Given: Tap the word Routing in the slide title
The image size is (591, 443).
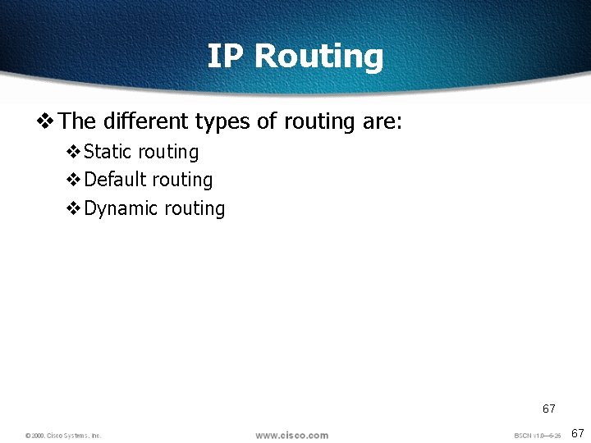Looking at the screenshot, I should [318, 57].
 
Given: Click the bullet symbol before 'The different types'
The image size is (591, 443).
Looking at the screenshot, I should [46, 122].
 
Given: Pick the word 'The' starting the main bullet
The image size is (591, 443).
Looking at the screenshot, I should [78, 121].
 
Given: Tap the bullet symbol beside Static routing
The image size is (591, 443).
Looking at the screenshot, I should [73, 153].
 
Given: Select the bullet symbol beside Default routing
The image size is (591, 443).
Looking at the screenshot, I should [73, 180].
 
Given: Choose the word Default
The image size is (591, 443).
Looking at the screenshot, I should [115, 180].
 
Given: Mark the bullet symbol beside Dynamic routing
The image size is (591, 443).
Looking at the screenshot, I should [73, 209].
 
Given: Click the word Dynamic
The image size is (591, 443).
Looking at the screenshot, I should [121, 209].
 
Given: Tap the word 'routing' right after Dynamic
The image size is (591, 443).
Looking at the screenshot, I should [195, 209].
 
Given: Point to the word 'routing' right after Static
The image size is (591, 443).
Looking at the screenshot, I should [168, 153].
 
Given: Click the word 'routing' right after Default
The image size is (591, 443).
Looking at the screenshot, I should [182, 180].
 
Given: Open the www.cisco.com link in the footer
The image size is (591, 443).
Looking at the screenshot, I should [291, 435].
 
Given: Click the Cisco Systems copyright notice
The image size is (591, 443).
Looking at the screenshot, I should [63, 436].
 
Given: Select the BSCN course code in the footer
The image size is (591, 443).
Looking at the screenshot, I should [538, 435].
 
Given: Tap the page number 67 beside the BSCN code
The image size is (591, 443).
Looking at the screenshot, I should [576, 432].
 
